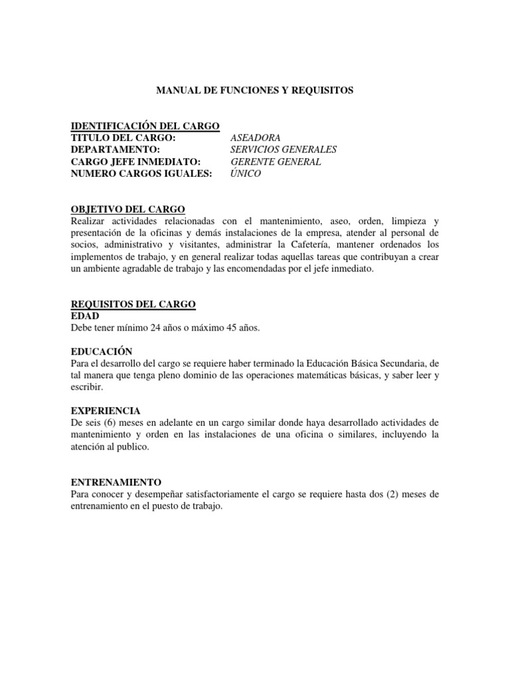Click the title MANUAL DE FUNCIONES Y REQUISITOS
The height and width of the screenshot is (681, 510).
[x=254, y=90]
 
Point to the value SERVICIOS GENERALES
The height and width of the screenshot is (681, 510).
[x=284, y=150]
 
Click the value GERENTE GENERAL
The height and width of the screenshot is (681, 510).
[x=276, y=162]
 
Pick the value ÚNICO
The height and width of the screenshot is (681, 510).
[x=246, y=174]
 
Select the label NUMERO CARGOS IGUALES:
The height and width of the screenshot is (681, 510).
[x=141, y=174]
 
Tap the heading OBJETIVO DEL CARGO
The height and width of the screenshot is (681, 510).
[x=127, y=209]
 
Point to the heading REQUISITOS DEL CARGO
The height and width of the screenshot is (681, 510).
[x=133, y=304]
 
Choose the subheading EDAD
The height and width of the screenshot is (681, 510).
[x=84, y=316]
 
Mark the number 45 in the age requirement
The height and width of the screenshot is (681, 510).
[x=230, y=328]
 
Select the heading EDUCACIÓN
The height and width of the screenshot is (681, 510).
[x=102, y=351]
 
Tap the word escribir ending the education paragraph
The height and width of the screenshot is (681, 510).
[x=85, y=387]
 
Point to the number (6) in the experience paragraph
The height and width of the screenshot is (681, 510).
[x=112, y=423]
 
